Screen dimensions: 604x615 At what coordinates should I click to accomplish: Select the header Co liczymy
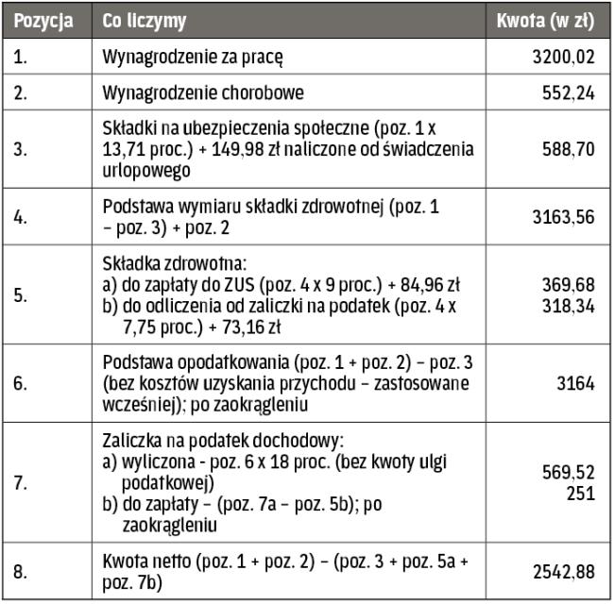tap(145, 20)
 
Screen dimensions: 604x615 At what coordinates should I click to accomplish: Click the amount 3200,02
tap(563, 57)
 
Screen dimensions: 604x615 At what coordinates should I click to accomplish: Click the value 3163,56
tap(563, 217)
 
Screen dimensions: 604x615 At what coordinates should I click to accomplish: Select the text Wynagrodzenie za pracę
tap(193, 57)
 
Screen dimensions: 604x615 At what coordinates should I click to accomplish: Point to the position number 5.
tap(21, 294)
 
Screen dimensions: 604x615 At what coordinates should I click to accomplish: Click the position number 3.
tap(21, 149)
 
